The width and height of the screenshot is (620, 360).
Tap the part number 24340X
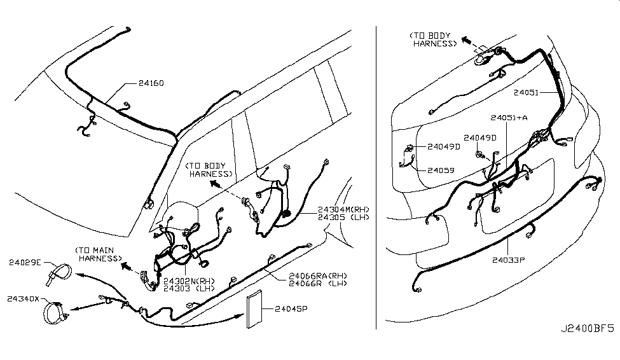pyautogui.click(x=23, y=298)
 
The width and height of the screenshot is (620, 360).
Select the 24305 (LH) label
pyautogui.click(x=341, y=217)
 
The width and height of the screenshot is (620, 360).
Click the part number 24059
pyautogui.click(x=441, y=170)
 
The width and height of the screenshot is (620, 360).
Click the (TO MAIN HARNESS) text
pyautogui.click(x=98, y=254)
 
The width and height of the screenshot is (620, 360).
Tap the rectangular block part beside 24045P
pyautogui.click(x=258, y=312)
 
